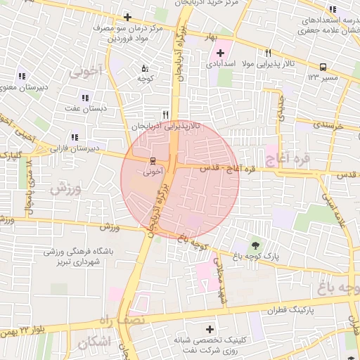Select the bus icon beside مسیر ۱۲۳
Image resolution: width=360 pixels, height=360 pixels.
tap(323, 66)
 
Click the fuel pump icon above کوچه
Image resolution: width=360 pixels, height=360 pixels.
tap(145, 69)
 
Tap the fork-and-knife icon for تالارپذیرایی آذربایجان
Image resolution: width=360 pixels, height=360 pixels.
tap(166, 115)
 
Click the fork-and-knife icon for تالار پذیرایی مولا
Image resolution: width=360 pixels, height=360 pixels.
tap(268, 53)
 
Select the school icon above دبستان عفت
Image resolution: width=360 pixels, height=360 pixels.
tap(85, 98)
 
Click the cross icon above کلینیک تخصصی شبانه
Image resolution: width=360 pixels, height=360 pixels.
tap(210, 329)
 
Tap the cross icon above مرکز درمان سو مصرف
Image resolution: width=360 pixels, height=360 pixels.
tap(127, 17)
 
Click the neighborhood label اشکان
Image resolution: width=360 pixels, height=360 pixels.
tap(94, 342)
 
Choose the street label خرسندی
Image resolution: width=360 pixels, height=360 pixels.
tap(328, 124)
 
